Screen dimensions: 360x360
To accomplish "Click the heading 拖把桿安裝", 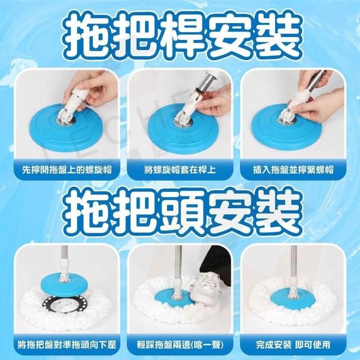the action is point(181,36).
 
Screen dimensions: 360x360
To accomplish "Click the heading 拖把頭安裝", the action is point(181,211).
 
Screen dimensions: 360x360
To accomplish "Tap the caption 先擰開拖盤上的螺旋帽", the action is point(67,170).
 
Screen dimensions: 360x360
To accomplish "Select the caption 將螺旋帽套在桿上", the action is point(180,170).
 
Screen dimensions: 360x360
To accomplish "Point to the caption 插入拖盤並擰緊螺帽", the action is point(293,170).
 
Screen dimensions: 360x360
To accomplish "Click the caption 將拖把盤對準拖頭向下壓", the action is point(67,345).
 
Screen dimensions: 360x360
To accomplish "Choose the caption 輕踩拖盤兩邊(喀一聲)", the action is point(180,345).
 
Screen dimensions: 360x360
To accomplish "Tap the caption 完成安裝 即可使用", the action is point(293,345).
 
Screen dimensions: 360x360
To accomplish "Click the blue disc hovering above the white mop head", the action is point(64,285).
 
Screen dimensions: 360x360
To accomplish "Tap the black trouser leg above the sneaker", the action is point(216,264).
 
